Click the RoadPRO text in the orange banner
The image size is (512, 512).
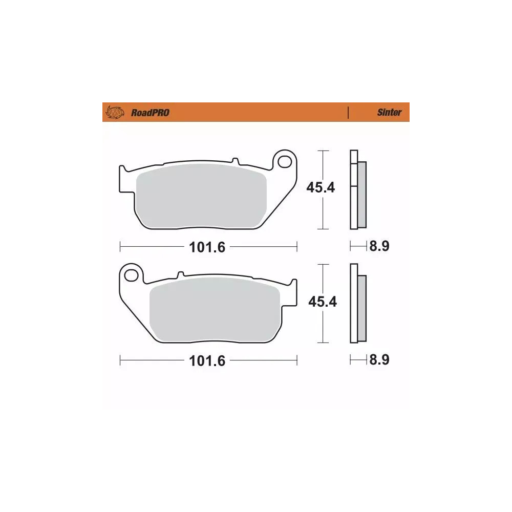coord(150,113)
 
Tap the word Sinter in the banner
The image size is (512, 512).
coord(389,113)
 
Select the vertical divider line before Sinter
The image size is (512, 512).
coord(348,113)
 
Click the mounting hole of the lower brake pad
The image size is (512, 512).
coord(133,274)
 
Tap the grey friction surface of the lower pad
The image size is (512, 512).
coord(215,312)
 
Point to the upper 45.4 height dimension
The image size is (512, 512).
coord(321,188)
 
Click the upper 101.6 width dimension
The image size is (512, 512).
coord(207,247)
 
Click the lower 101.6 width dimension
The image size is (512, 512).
coord(207,361)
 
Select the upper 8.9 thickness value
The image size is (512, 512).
coord(379,247)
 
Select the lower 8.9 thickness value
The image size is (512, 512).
coord(379,360)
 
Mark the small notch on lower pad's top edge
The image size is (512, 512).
coord(180,275)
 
